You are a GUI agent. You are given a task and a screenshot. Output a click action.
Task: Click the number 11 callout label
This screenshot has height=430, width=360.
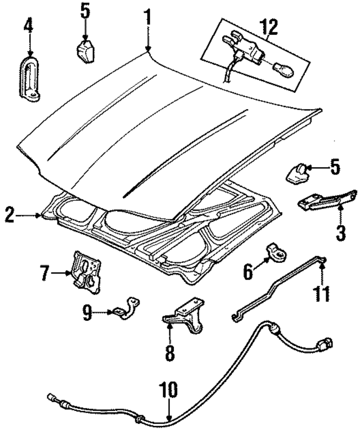click(x=323, y=293)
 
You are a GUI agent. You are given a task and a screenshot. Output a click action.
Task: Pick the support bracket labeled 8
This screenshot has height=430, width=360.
click(x=184, y=319)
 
